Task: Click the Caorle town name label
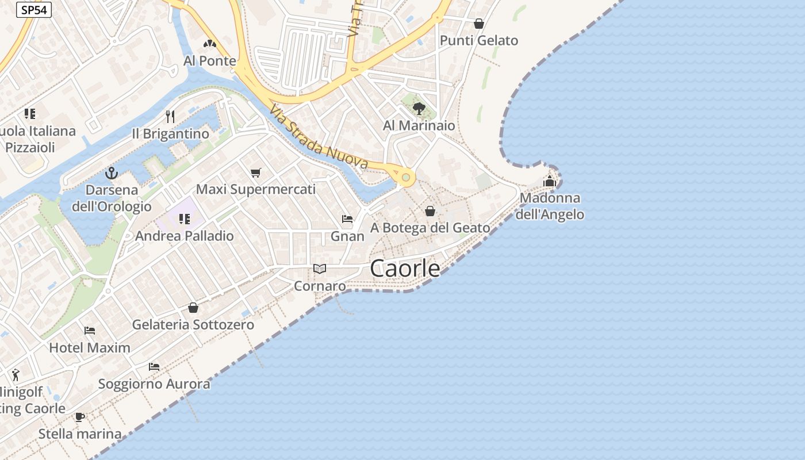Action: click(x=405, y=269)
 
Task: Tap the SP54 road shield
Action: click(x=33, y=10)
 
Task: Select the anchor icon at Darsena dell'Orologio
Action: click(x=112, y=172)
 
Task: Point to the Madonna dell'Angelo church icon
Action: click(x=550, y=181)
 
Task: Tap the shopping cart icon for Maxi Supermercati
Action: click(x=256, y=172)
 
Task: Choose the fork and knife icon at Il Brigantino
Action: click(x=170, y=117)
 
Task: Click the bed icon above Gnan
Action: click(x=347, y=218)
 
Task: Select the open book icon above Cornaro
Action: click(x=320, y=269)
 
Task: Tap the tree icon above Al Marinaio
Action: click(x=419, y=108)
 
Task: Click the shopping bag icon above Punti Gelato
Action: click(x=478, y=24)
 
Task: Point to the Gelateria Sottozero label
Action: click(x=193, y=325)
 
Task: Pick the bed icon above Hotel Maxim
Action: click(x=90, y=331)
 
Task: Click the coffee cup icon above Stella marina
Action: click(x=80, y=416)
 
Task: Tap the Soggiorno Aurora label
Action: click(x=154, y=384)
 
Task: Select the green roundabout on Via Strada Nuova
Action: click(x=406, y=177)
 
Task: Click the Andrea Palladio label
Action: click(x=185, y=236)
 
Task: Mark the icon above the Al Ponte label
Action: click(x=209, y=44)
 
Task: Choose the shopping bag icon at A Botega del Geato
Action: click(x=430, y=211)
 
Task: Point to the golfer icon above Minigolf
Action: click(x=15, y=374)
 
